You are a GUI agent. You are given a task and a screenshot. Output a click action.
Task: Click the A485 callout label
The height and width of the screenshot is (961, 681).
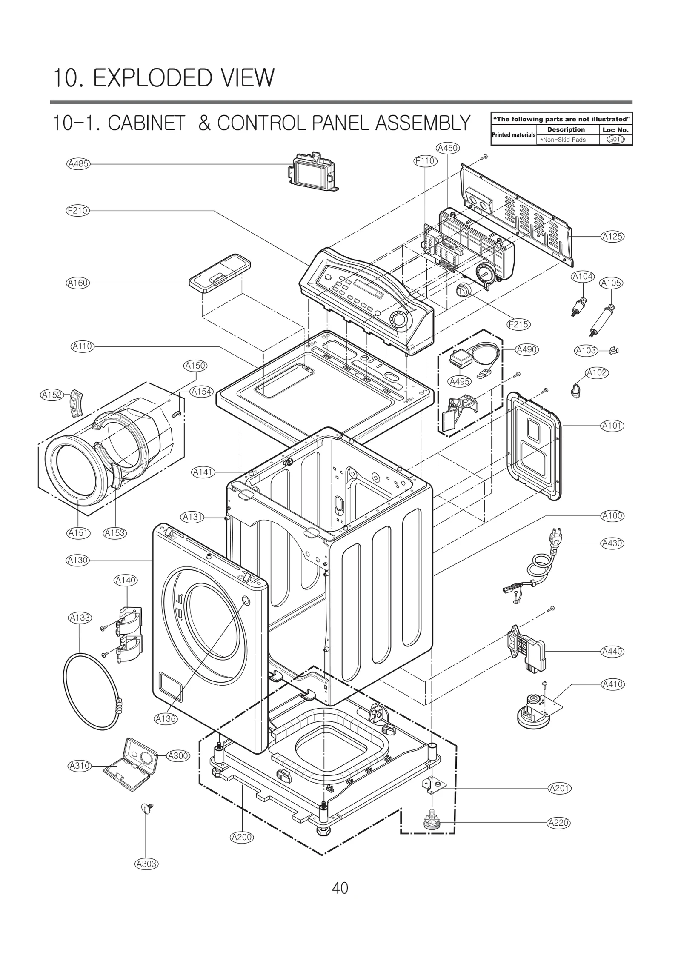78,163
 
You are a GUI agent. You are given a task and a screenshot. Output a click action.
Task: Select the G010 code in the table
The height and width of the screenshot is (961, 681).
615,140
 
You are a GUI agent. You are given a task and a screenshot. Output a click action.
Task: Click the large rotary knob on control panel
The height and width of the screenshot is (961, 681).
398,319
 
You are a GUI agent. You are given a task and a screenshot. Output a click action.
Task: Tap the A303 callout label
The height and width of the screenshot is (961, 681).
146,864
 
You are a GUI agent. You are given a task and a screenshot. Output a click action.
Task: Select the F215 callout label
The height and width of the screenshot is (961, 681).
518,324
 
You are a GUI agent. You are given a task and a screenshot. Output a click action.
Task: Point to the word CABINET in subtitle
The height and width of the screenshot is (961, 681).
146,124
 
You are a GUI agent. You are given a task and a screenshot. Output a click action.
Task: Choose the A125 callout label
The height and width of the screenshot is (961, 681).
612,236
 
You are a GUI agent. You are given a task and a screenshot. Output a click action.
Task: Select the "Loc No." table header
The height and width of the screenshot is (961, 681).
615,130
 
